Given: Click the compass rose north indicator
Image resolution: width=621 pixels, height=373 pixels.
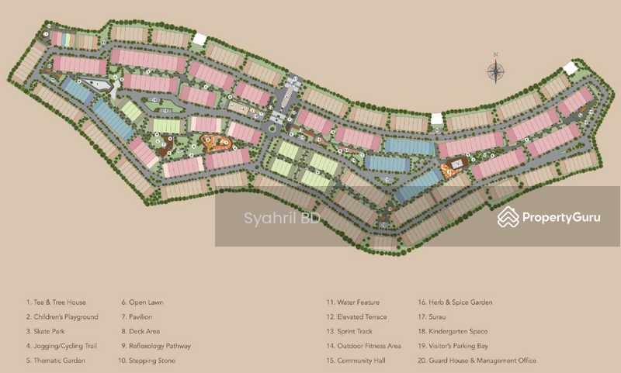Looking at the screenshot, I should pos(495,71).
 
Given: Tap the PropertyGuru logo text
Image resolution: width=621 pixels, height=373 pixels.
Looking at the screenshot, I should pos(560,218).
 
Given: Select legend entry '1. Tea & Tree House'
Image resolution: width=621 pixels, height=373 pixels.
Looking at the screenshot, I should pos(55,302).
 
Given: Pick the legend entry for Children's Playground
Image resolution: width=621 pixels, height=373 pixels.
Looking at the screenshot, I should pos(61,317).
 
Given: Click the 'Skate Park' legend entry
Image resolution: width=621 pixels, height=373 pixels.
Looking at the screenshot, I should pos(46,331).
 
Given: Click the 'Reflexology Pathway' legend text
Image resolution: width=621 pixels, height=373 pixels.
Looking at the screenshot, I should pos(155,346).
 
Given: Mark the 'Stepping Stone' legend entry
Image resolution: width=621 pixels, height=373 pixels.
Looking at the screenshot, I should pos(147,361).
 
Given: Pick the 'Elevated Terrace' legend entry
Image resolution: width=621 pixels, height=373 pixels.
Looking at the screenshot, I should pos(356,317).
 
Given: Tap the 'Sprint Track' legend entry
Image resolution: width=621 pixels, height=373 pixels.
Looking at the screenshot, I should pos(352,331).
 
